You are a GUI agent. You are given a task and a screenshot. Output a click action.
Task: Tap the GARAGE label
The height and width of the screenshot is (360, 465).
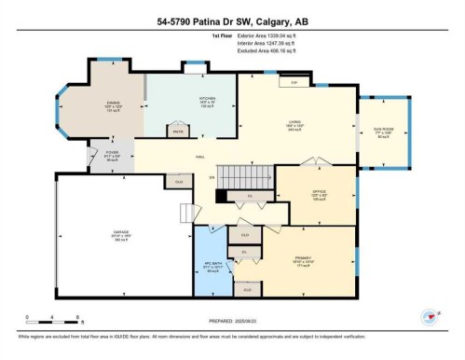(121, 234)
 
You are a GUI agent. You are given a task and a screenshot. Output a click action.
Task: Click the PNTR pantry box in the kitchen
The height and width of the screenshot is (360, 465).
(178, 132)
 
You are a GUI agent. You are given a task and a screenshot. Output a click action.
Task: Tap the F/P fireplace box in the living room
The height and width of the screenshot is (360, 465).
(294, 83)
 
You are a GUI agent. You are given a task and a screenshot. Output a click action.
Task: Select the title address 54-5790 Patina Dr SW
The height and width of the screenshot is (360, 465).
(232, 21)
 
